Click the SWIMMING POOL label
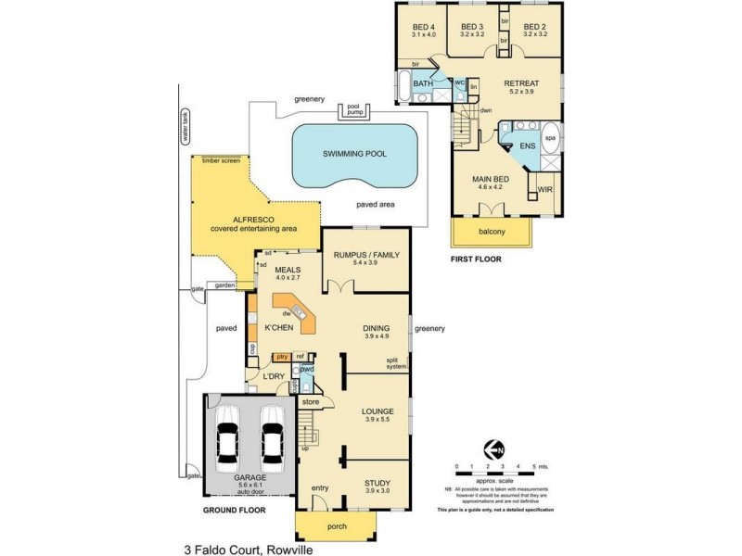click(x=354, y=154)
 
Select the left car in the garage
click(x=229, y=435)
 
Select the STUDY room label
click(x=378, y=483)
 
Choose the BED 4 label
click(x=423, y=27)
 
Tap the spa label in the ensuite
click(x=548, y=137)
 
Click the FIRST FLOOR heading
click(x=475, y=260)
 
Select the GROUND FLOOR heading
click(x=234, y=510)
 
